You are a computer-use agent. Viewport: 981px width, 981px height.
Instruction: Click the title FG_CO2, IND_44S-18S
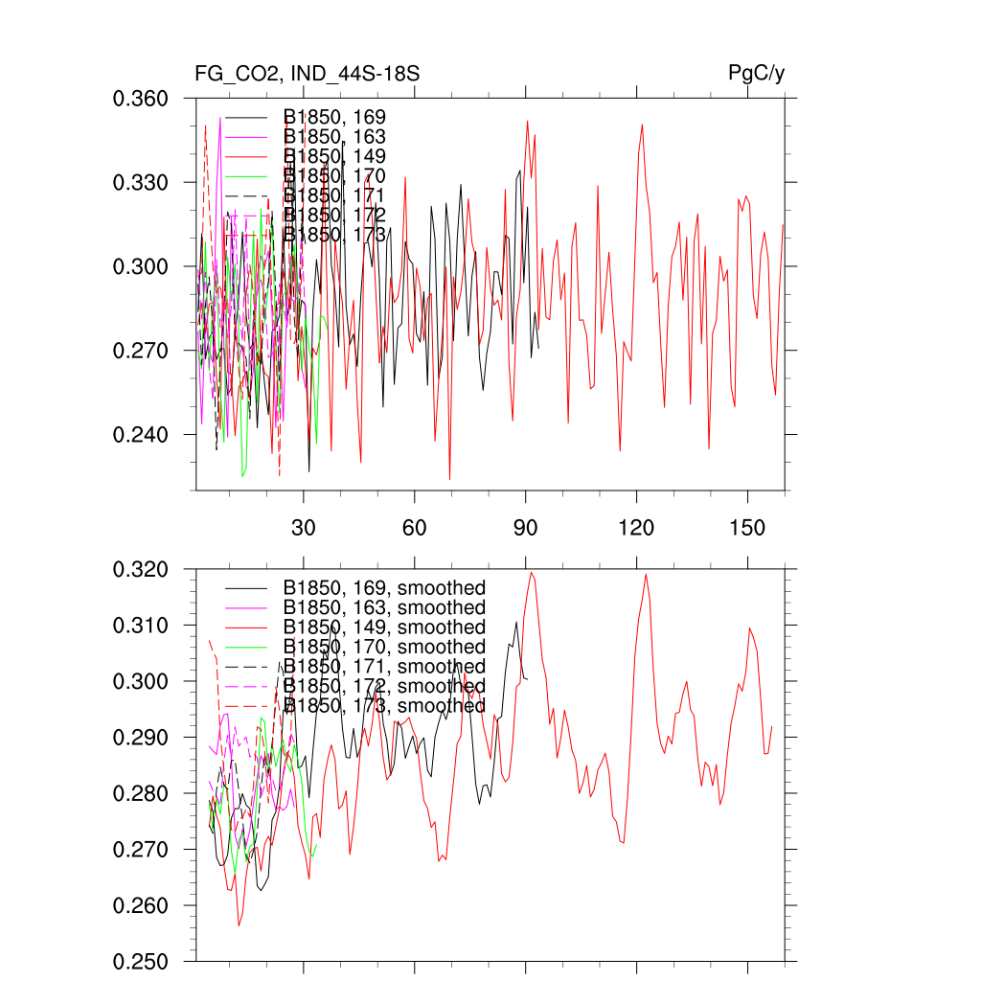(307, 73)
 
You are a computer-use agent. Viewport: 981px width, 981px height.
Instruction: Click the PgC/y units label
(757, 73)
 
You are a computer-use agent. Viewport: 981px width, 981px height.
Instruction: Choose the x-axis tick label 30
(304, 528)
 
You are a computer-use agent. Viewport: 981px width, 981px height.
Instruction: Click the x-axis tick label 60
(414, 528)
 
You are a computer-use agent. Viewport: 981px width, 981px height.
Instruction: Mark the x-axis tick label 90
(526, 528)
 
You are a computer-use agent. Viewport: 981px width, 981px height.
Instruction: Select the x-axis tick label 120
(636, 528)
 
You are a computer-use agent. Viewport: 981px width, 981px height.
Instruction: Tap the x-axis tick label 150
(747, 528)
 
